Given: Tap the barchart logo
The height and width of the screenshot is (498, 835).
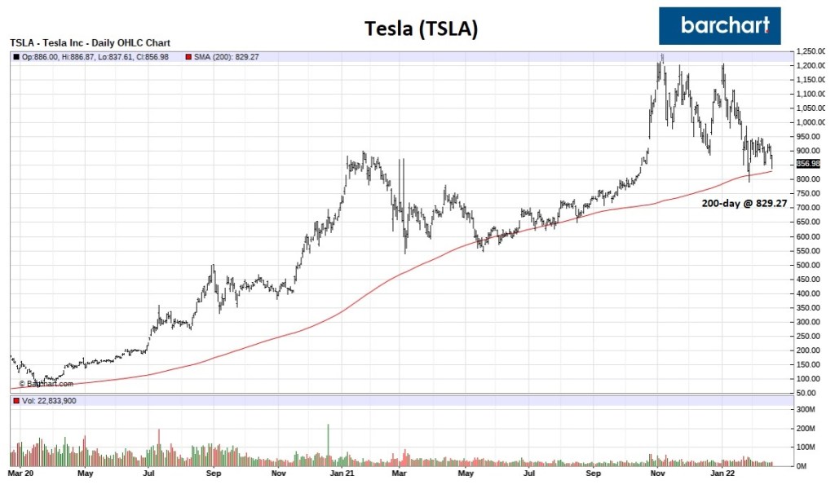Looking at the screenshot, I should click(x=719, y=25).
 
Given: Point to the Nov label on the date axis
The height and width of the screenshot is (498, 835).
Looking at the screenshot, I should click(x=278, y=472).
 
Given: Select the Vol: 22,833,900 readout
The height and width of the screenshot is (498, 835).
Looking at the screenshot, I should click(x=47, y=401).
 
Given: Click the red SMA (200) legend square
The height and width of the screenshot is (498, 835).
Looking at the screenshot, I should click(x=188, y=57).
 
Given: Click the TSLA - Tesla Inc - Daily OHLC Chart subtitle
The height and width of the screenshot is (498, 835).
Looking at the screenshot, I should click(x=95, y=42).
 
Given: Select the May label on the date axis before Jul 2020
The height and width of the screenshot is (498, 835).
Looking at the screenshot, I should click(x=85, y=472).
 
